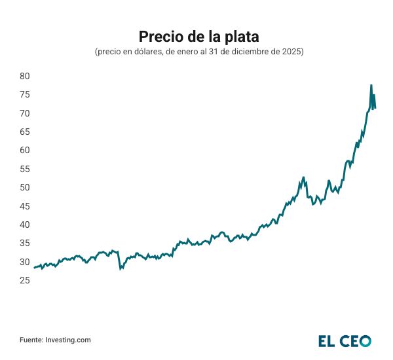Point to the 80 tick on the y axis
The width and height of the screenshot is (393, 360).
[25, 76]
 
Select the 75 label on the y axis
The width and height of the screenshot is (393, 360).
[25, 95]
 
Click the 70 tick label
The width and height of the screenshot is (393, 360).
[25, 113]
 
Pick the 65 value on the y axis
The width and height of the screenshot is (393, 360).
[25, 132]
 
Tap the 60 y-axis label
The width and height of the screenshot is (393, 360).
[25, 151]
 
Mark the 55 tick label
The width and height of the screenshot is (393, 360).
[25, 169]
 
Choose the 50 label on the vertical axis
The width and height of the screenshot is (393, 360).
[25, 188]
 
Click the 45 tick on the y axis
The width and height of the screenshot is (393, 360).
[25, 206]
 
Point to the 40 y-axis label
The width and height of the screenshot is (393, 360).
[25, 225]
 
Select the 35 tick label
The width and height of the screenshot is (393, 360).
[25, 243]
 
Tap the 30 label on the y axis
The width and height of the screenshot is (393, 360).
[25, 262]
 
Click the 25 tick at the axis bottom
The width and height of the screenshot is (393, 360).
[25, 280]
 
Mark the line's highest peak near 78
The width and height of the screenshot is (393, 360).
[371, 85]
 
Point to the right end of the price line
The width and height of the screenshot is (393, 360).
[375, 108]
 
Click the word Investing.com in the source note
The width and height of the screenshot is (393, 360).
[69, 340]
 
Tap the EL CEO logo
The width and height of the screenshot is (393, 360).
[345, 340]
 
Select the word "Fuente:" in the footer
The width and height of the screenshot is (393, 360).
[31, 340]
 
